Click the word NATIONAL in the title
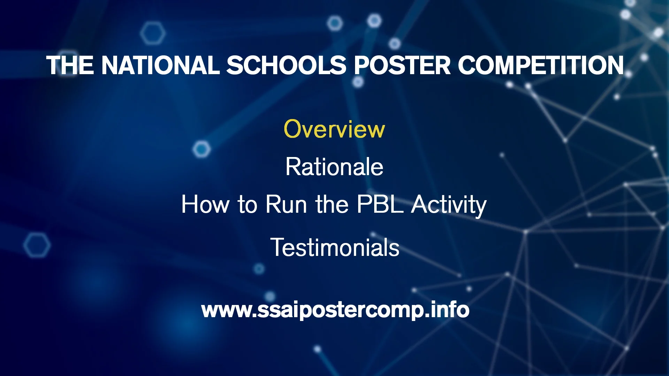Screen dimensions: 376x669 click(160, 65)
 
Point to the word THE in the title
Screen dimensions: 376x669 click(70, 65)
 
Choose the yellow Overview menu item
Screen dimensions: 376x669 click(334, 129)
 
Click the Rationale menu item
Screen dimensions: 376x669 click(334, 167)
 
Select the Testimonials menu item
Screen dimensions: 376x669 click(334, 248)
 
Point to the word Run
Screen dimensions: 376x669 click(286, 204)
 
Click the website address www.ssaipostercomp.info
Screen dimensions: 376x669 click(335, 310)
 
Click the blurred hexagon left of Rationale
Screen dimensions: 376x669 click(201, 149)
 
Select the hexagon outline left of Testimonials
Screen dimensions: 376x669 click(37, 245)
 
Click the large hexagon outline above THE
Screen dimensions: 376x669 click(153, 33)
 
